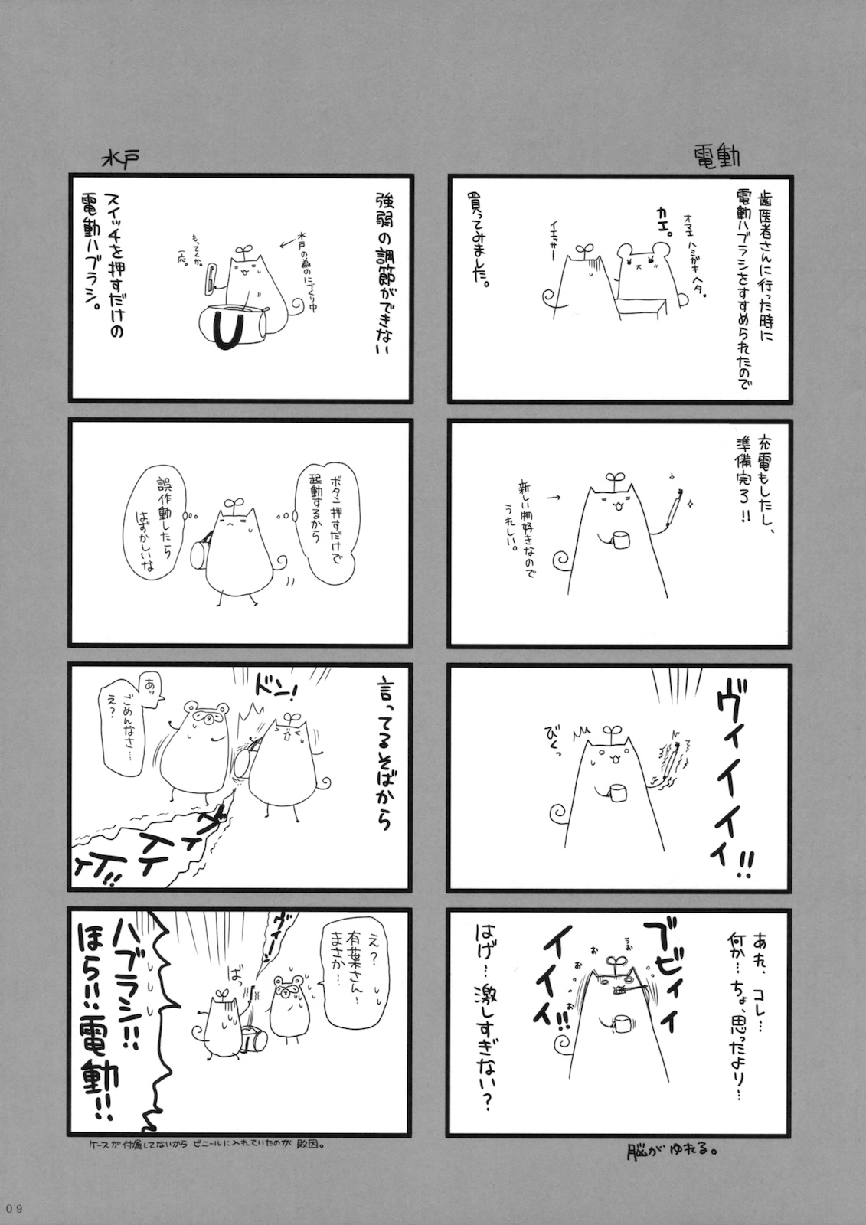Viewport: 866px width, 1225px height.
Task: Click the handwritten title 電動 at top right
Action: coord(714,156)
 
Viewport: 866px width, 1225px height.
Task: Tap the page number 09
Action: coord(15,1208)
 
